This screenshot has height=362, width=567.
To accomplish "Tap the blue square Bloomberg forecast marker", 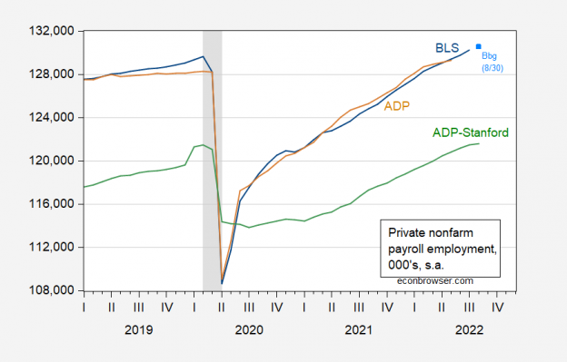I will [x=478, y=46].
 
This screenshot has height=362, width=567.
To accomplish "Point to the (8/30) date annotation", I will [x=488, y=68].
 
